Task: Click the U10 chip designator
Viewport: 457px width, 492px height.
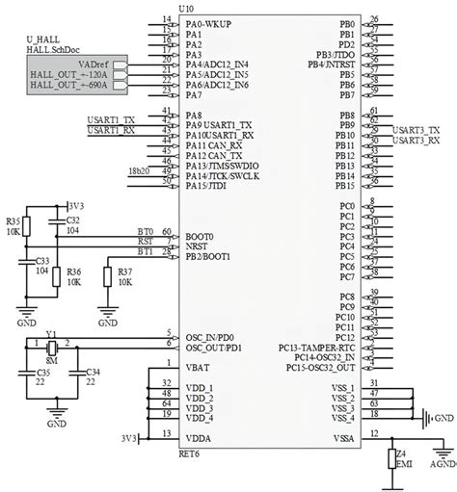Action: [185, 8]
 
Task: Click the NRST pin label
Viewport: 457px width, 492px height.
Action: [196, 245]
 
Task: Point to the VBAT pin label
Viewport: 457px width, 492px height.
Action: [196, 367]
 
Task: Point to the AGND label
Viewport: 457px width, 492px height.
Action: [442, 487]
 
